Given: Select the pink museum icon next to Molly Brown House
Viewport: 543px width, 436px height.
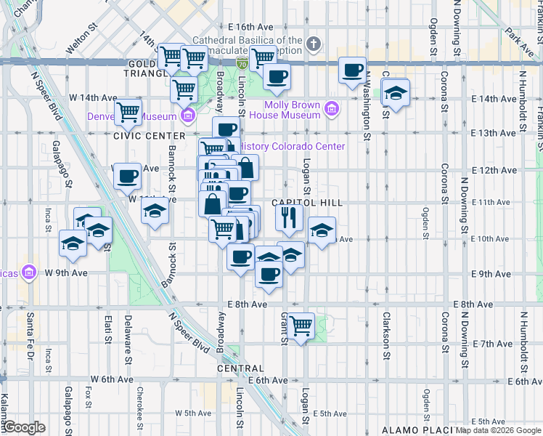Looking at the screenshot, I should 332,110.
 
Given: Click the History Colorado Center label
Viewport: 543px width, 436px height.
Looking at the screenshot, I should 291,146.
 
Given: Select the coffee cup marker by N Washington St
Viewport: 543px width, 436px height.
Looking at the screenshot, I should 353,70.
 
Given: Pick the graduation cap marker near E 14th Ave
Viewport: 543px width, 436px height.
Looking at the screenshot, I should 396,93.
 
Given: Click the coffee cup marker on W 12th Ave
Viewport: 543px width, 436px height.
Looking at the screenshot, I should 128,175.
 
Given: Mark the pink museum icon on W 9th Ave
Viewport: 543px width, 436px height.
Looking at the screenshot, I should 29,272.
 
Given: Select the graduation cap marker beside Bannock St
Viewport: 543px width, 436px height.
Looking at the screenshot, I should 155,212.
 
